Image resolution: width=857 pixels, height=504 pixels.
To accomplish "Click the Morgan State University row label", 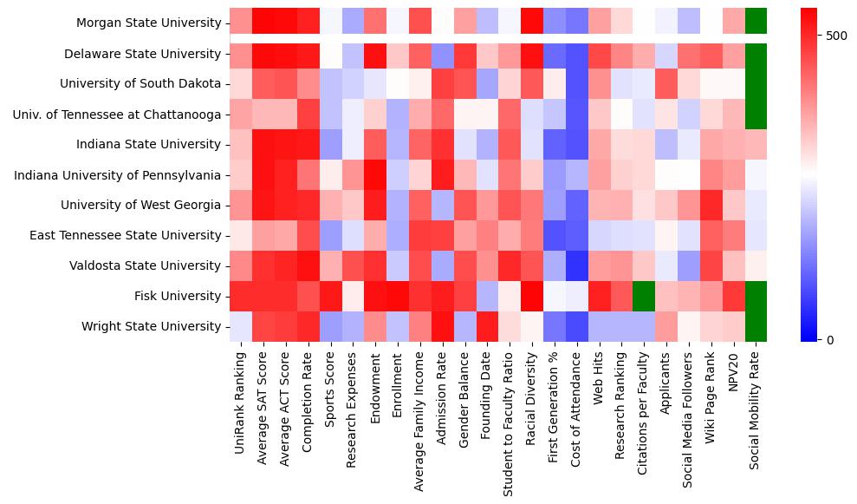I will pos(148,23).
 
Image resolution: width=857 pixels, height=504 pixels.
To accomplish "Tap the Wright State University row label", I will pos(151,326).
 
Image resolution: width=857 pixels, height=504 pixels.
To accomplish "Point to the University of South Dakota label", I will pos(140,84).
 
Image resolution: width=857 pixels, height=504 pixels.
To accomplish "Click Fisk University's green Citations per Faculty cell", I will pos(644,296).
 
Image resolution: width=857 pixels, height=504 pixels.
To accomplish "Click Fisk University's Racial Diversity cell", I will pos(531,296).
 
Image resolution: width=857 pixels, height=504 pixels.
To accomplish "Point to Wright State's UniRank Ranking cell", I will pos(241,326).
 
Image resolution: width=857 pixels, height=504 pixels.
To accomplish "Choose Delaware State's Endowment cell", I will pos(375,54).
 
